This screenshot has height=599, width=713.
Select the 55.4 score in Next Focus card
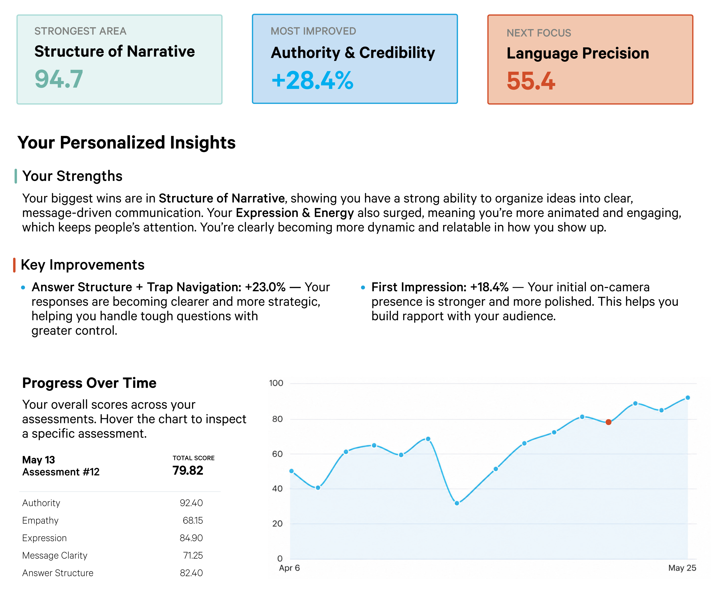click(531, 81)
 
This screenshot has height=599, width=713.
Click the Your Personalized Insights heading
click(126, 143)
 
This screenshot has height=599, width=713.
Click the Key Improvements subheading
click(83, 265)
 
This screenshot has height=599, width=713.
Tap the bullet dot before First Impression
click(363, 288)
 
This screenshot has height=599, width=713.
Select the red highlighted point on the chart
click(608, 422)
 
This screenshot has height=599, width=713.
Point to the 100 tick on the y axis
click(276, 383)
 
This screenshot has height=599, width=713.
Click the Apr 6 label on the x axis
click(289, 568)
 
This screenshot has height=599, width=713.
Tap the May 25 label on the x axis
click(682, 568)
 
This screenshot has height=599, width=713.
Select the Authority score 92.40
click(191, 503)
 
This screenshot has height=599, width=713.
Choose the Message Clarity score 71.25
click(193, 556)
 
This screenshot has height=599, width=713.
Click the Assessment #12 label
click(61, 472)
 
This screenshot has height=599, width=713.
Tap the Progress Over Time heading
click(89, 383)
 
